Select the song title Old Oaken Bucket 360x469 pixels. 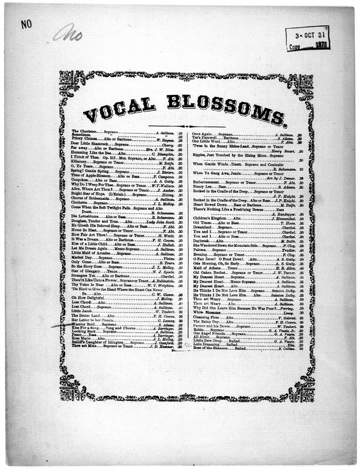(210, 273)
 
